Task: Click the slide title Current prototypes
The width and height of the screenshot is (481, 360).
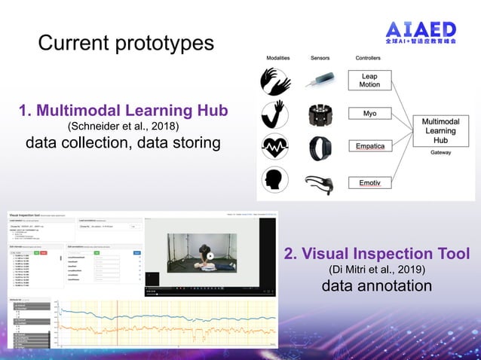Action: tap(126, 43)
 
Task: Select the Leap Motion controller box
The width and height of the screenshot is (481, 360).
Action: tap(370, 81)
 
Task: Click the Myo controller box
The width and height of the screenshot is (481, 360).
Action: tap(370, 114)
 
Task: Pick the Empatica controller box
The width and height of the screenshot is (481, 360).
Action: tap(370, 145)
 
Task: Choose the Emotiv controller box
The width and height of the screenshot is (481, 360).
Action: tap(370, 182)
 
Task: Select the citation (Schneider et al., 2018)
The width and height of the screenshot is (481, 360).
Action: tap(123, 127)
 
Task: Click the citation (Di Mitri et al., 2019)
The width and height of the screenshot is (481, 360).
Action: tap(377, 270)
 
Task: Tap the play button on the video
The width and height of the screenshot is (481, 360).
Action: tap(211, 256)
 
